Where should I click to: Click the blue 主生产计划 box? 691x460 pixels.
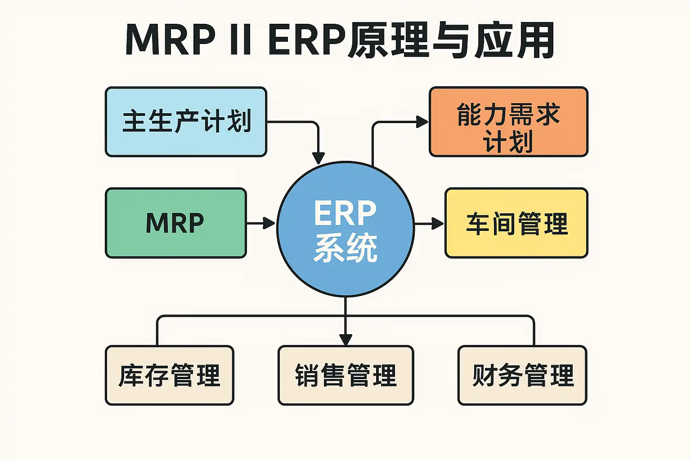pyautogui.click(x=186, y=122)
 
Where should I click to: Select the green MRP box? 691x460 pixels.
pyautogui.click(x=175, y=223)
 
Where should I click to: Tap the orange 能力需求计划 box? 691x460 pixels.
pyautogui.click(x=508, y=122)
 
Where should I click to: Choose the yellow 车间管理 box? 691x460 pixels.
pyautogui.click(x=516, y=223)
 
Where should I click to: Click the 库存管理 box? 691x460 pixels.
pyautogui.click(x=170, y=376)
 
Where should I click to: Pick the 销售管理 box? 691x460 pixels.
pyautogui.click(x=345, y=376)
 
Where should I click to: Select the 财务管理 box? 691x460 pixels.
pyautogui.click(x=522, y=376)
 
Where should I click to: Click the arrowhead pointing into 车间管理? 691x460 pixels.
pyautogui.click(x=438, y=223)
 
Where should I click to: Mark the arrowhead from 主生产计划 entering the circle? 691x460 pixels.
pyautogui.click(x=319, y=158)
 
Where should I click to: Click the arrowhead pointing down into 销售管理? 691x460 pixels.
pyautogui.click(x=345, y=339)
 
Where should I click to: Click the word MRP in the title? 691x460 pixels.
pyautogui.click(x=170, y=40)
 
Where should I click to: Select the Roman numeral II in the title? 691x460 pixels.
pyautogui.click(x=240, y=40)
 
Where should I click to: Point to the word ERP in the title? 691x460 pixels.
pyautogui.click(x=307, y=40)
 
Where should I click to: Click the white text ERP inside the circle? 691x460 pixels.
pyautogui.click(x=345, y=213)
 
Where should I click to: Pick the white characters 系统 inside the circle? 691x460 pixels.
pyautogui.click(x=345, y=248)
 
